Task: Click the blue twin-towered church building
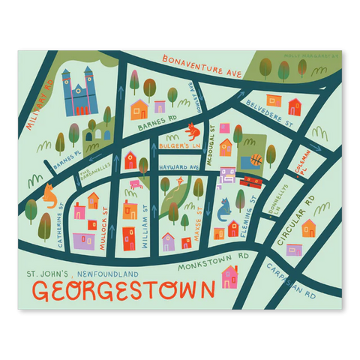point(79,93)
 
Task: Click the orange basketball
point(256,159)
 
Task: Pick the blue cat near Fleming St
point(223,211)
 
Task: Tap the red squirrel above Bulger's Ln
point(193,131)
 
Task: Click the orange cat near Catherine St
point(49,196)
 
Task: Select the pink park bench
point(136,184)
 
